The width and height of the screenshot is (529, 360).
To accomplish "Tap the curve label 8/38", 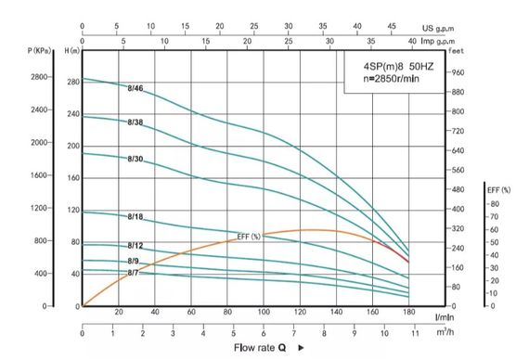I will (x=135, y=122).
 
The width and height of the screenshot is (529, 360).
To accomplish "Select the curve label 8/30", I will (x=135, y=159).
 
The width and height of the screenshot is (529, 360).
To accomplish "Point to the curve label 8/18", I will (x=135, y=216).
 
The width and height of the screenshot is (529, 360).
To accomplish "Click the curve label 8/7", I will (x=134, y=273).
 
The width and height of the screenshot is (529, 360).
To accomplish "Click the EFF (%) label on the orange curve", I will (x=249, y=237).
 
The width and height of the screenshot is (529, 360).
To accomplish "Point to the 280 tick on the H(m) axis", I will (x=73, y=84).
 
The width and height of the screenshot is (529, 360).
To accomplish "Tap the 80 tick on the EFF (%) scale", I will (x=494, y=203).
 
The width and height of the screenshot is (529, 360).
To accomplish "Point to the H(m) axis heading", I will (x=71, y=50).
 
